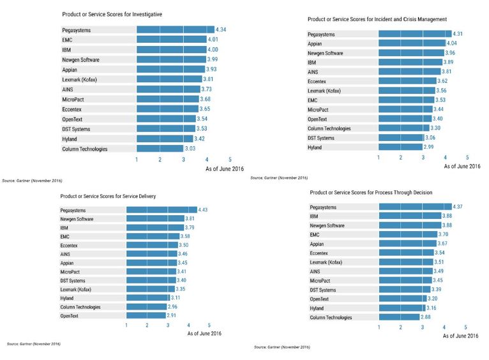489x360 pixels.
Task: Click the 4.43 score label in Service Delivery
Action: point(205,210)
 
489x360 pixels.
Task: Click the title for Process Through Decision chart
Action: point(371,192)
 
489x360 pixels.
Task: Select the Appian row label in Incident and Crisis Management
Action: point(315,44)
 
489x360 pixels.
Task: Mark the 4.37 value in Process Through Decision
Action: point(457,207)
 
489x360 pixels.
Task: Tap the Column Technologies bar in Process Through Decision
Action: point(399,317)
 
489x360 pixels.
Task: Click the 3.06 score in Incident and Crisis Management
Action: point(432,138)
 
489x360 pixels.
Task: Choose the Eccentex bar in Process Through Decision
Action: point(406,253)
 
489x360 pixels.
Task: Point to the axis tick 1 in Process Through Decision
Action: point(380,327)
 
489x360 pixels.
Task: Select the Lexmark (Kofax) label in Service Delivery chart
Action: point(76,289)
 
